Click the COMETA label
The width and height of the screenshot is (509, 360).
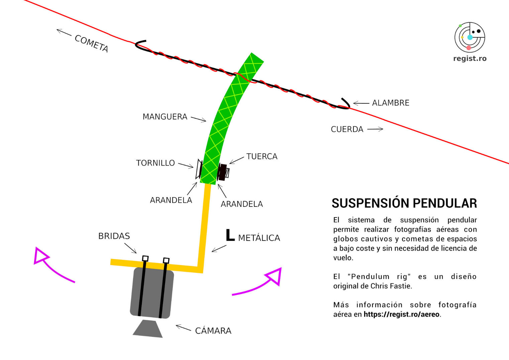click(91, 43)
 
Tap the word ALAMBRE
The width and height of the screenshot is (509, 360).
click(391, 103)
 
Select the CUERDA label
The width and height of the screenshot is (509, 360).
click(347, 129)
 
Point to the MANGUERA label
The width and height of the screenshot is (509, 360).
click(165, 117)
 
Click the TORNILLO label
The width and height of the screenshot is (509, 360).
click(156, 163)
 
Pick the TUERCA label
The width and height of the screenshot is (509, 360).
click(262, 156)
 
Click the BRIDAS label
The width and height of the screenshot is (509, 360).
click(114, 236)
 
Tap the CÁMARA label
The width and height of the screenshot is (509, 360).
click(213, 331)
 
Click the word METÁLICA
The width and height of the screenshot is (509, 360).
click(259, 238)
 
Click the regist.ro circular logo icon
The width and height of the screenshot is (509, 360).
click(470, 37)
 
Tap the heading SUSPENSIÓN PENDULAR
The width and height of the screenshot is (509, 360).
click(404, 203)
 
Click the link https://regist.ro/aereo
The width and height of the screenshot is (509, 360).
click(401, 314)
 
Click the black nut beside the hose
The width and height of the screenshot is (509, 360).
click(222, 172)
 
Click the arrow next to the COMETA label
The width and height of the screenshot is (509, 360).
click(64, 32)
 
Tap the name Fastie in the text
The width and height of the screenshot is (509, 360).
click(401, 286)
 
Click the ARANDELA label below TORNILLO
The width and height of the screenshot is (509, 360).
click(171, 200)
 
